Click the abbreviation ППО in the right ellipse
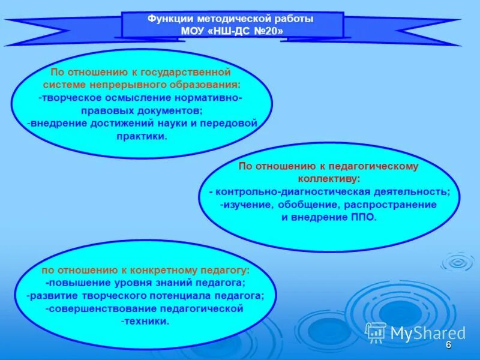click(363, 217)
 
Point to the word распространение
click(390, 205)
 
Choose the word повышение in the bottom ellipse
click(77, 283)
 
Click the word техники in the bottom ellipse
click(145, 321)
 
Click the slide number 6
click(448, 346)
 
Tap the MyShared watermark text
click(428, 333)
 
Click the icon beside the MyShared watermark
click(376, 332)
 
